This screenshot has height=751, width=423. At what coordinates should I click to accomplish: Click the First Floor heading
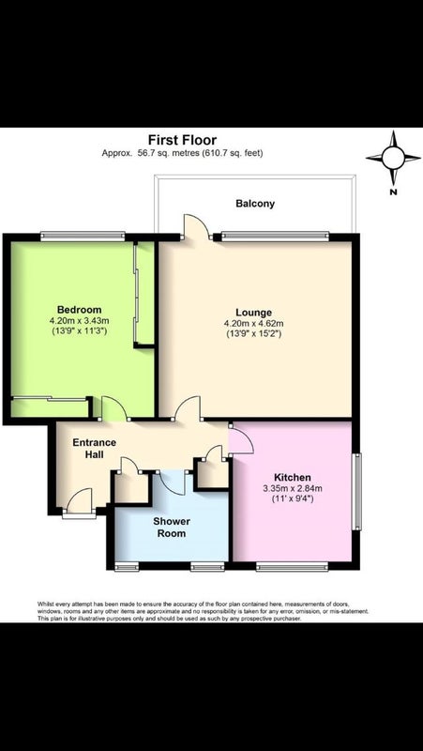(x=182, y=140)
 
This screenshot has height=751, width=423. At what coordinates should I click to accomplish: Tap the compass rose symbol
(x=393, y=158)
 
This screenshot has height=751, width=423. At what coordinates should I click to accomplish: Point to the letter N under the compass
(x=393, y=192)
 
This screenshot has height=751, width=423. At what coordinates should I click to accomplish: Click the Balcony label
(x=255, y=204)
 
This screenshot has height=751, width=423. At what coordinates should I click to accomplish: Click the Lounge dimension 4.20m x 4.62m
(x=253, y=324)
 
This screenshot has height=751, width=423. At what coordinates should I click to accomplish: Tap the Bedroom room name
(x=80, y=309)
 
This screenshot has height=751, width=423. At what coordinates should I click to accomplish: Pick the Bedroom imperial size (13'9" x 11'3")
(x=80, y=330)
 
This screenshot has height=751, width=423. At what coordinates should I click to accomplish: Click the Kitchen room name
(x=293, y=478)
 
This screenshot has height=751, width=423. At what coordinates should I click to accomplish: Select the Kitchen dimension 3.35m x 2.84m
(x=293, y=488)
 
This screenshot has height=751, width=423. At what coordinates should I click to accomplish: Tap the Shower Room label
(x=172, y=527)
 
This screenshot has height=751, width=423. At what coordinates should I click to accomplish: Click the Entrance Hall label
(x=95, y=449)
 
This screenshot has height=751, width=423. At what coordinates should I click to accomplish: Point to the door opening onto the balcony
(x=197, y=226)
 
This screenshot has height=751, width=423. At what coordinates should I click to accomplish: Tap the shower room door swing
(x=172, y=483)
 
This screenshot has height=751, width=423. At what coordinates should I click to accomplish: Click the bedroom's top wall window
(x=83, y=236)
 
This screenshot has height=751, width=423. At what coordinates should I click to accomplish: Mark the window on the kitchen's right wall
(x=356, y=491)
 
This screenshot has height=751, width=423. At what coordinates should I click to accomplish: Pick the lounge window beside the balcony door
(x=275, y=236)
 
